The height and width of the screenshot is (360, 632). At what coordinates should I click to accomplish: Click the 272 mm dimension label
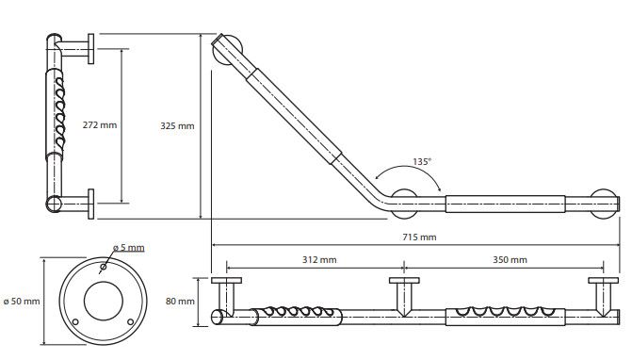coord(100,125)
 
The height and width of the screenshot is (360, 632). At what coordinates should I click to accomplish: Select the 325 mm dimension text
coord(177,125)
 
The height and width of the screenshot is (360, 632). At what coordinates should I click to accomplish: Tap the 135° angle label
coord(422,162)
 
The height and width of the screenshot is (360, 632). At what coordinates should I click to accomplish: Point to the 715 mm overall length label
coord(419,237)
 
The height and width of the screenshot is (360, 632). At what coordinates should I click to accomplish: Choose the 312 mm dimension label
coord(319,259)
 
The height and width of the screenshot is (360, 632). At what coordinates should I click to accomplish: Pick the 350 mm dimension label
coord(510,259)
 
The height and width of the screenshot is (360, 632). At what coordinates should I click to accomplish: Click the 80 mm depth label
coord(180,302)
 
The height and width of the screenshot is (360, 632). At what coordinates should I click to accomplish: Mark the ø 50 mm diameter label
coord(22,302)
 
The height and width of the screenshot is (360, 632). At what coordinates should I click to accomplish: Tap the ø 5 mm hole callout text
coord(129,247)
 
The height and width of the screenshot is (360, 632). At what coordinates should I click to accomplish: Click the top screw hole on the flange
coord(104,267)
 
